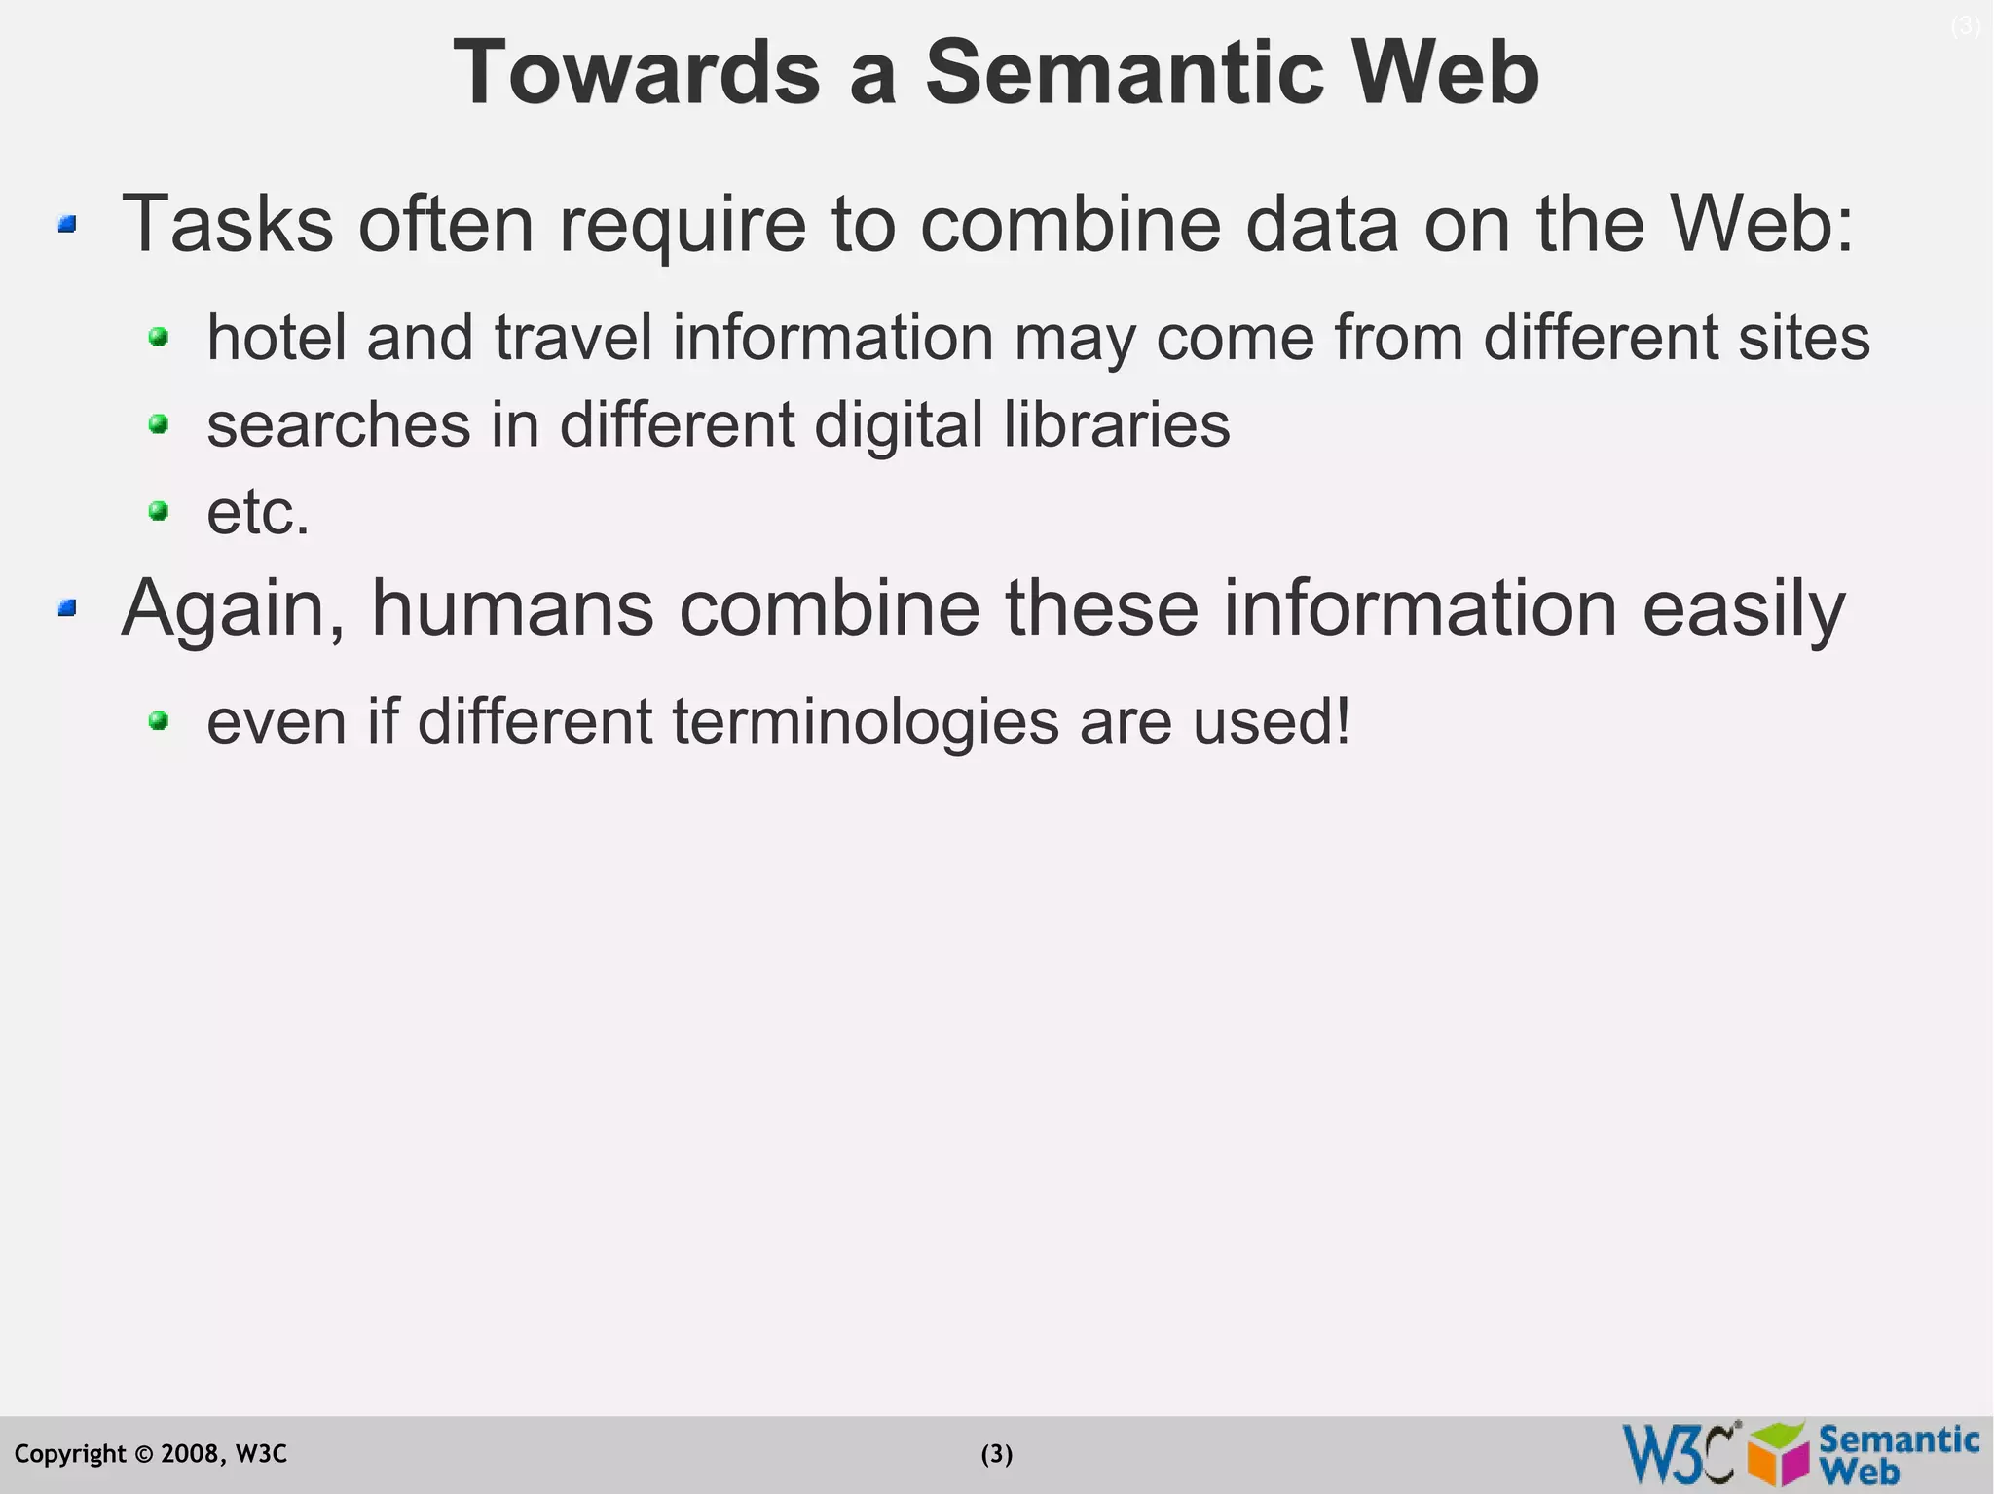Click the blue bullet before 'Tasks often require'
(66, 226)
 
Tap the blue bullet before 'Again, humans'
(66, 609)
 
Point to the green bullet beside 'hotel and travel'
(158, 338)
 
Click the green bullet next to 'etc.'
(158, 511)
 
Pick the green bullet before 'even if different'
(158, 721)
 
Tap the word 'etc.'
(258, 513)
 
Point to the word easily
(1743, 609)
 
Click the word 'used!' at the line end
(1272, 722)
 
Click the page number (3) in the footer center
(996, 1454)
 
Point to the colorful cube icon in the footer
(1778, 1454)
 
